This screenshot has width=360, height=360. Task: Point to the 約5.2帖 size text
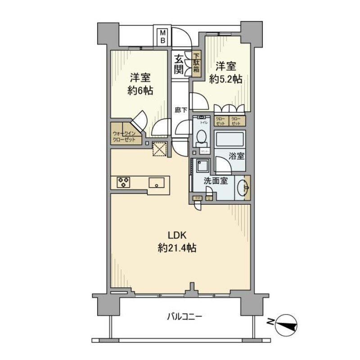[x=226, y=79]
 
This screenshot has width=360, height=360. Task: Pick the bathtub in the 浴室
[x=229, y=139]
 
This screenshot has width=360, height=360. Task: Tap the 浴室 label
[x=236, y=157]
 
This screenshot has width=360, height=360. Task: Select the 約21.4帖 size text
[x=176, y=247]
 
